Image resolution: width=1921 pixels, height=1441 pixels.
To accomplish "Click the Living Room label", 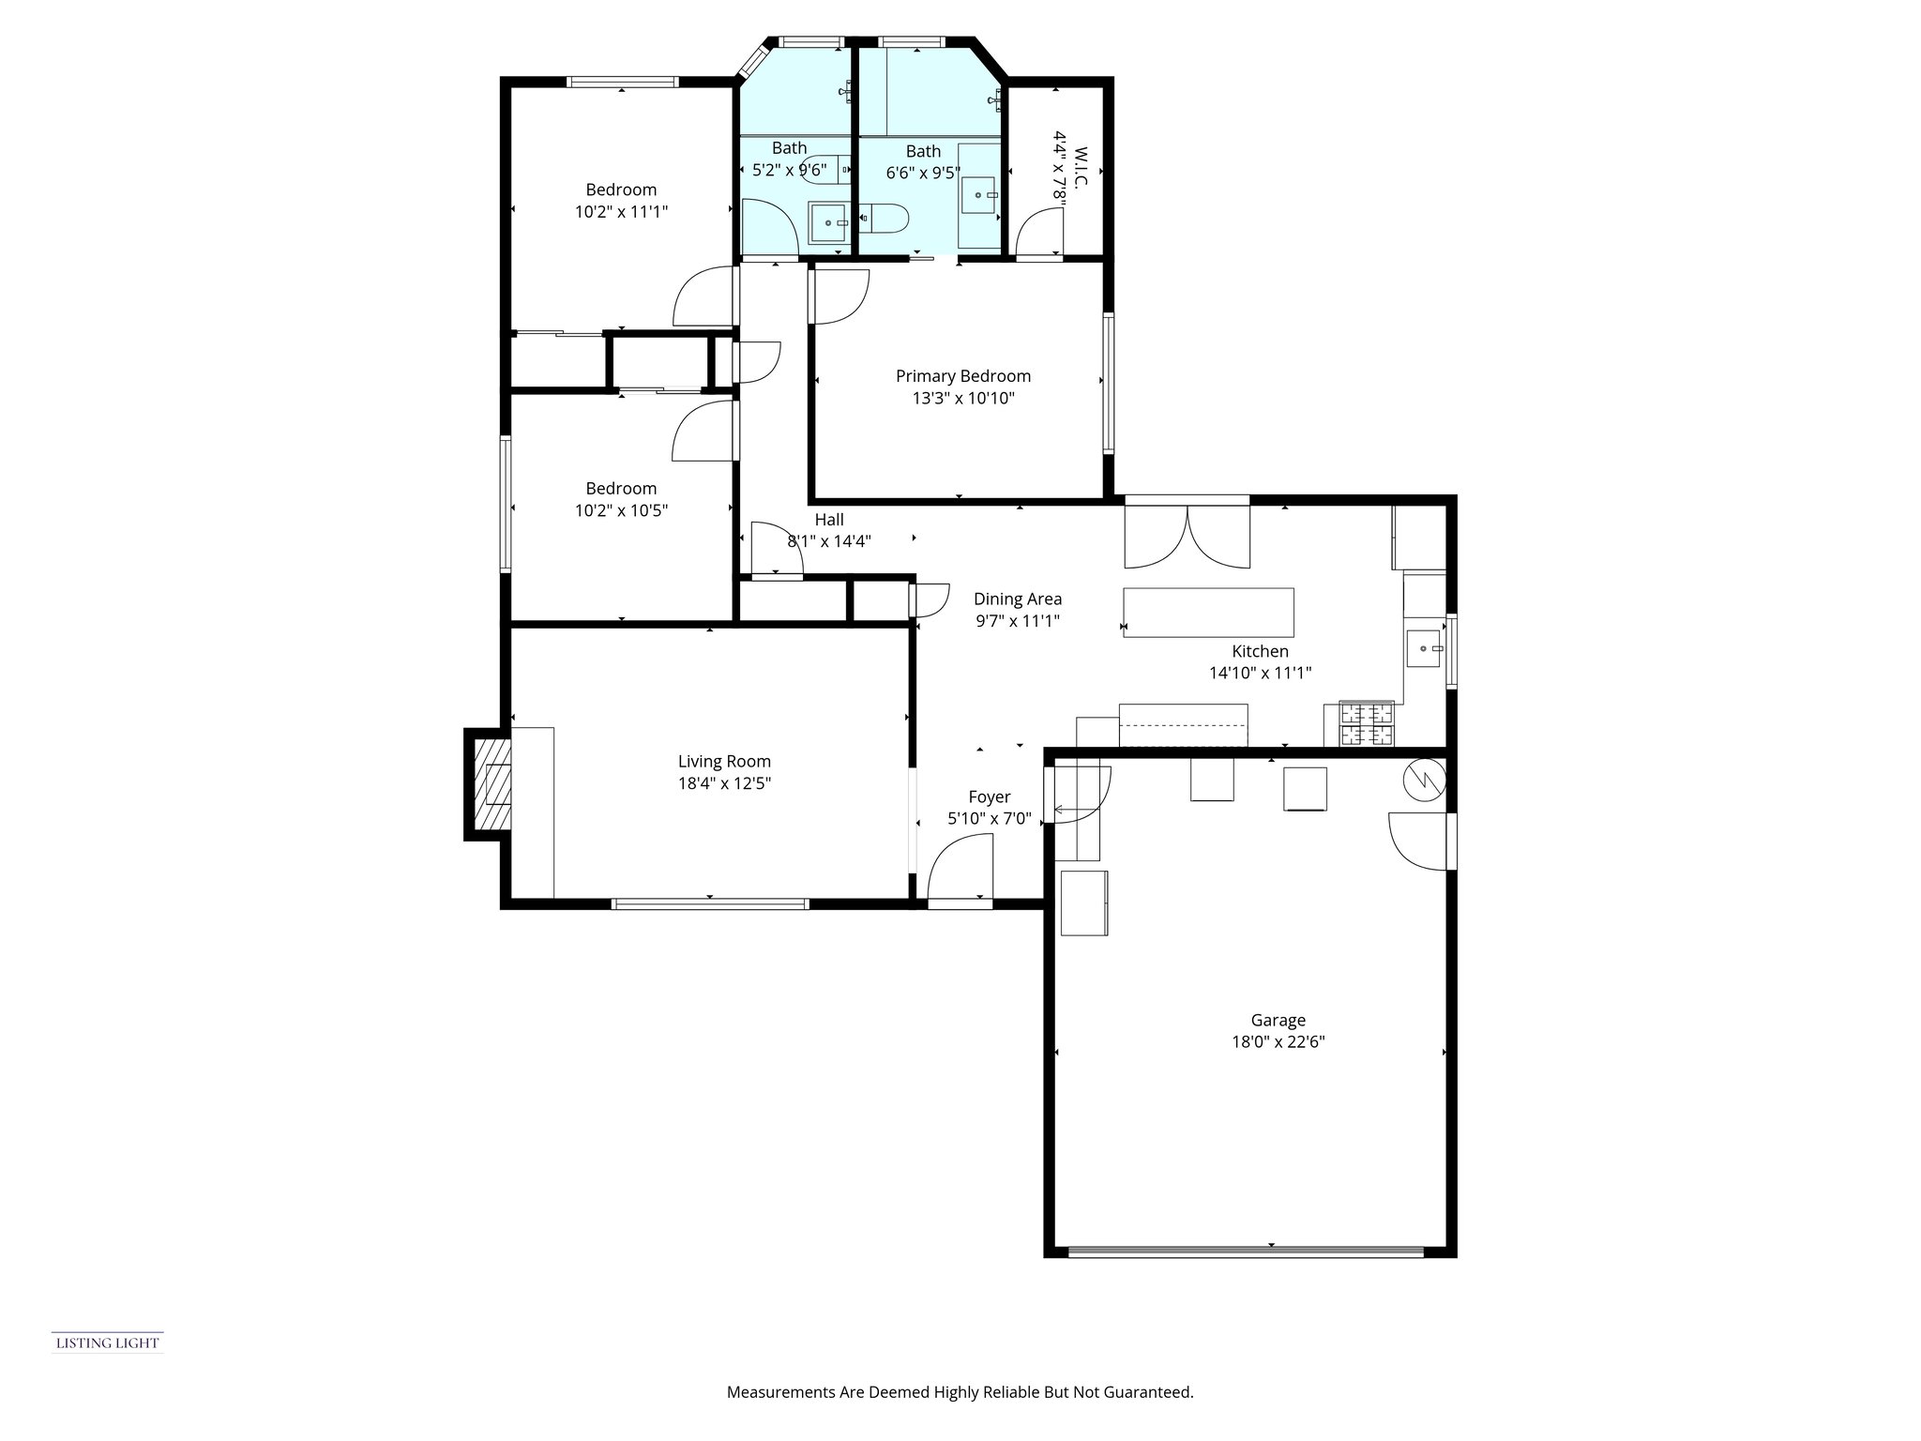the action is (x=724, y=762).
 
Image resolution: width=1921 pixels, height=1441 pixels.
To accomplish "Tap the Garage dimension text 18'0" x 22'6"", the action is (x=1278, y=1041).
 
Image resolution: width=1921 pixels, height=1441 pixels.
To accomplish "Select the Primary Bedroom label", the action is (x=963, y=376).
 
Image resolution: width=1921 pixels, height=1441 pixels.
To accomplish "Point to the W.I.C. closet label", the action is (x=1080, y=168).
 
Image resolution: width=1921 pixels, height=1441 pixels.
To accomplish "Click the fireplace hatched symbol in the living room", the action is (x=492, y=785).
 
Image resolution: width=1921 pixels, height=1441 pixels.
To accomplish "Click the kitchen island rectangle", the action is (x=1208, y=613).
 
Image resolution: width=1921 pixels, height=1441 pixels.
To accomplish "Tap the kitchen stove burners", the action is (x=1367, y=723).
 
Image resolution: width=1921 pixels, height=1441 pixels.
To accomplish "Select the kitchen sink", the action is (x=1424, y=647).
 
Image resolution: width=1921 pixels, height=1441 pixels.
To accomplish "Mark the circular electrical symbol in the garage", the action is (x=1424, y=780).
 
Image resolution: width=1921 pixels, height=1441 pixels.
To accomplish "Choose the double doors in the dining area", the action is (x=1187, y=537).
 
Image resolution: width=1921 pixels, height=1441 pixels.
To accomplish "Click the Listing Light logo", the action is (x=107, y=1342).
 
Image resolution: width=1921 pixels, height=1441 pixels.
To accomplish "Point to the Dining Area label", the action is (x=1018, y=599).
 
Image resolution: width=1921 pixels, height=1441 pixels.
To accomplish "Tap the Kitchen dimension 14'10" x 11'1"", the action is (x=1260, y=673).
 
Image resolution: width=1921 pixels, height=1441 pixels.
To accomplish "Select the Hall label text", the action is (x=829, y=520).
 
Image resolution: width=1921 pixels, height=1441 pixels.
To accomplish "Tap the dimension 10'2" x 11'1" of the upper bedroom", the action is (x=621, y=212).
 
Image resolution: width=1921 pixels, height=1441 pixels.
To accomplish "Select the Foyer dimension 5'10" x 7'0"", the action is (x=990, y=819).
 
